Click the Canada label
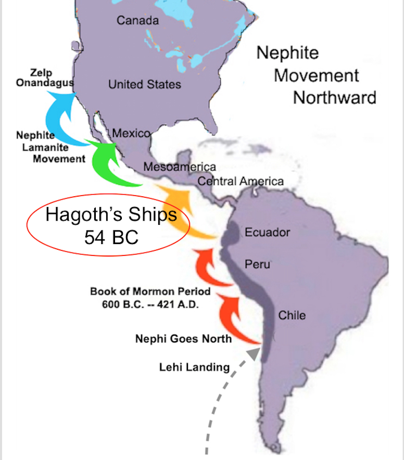[138, 21]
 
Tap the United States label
[145, 84]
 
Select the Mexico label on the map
[131, 133]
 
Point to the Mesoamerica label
[179, 167]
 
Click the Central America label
[241, 181]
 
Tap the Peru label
[257, 264]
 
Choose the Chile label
[292, 315]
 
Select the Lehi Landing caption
[194, 367]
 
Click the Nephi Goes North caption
[183, 339]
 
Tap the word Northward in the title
[334, 97]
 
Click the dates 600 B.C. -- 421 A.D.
[150, 305]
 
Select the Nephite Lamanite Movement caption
[51, 147]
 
